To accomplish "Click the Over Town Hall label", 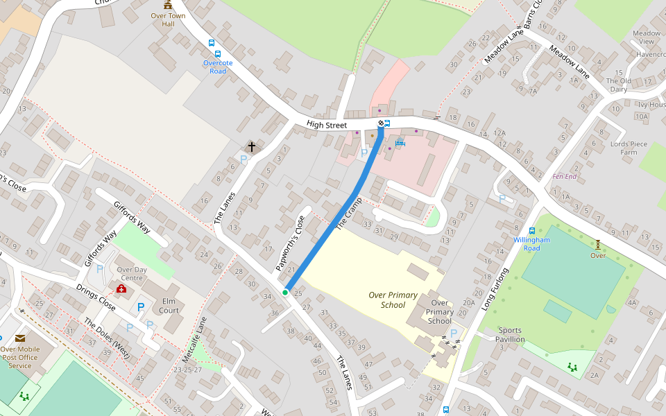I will click(x=168, y=19).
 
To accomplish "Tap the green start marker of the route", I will click(x=285, y=293).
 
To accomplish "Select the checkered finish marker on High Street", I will click(x=381, y=123).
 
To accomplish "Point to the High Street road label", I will click(x=326, y=125).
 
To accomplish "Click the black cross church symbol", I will click(x=252, y=147).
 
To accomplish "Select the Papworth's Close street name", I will click(x=291, y=243).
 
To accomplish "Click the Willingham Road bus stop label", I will click(x=531, y=243).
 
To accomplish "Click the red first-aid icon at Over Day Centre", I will click(x=121, y=288).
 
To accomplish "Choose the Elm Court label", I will click(x=169, y=306).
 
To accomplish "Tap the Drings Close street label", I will click(x=96, y=297).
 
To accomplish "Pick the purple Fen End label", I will click(x=564, y=177).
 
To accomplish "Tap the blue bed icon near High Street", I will click(x=400, y=143).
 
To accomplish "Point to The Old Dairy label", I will click(x=618, y=85).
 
